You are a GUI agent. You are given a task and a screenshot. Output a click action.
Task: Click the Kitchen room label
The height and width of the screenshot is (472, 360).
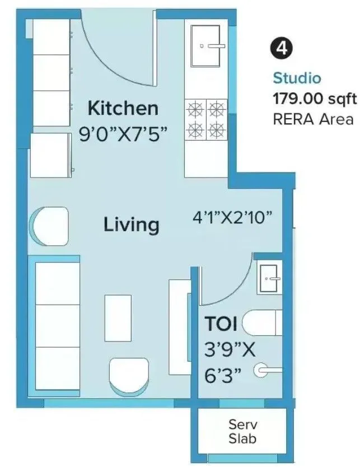tap(123, 108)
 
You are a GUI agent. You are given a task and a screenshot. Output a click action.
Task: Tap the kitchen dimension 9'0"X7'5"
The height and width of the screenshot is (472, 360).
tap(123, 134)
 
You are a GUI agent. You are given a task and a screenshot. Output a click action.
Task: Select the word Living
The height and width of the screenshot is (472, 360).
tap(132, 225)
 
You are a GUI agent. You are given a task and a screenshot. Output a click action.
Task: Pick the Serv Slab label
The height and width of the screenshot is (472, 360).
tap(242, 431)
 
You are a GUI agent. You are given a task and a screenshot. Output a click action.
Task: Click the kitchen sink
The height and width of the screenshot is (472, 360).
tap(206, 45)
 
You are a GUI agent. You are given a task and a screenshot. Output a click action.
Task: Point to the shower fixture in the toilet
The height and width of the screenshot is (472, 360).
tap(265, 370)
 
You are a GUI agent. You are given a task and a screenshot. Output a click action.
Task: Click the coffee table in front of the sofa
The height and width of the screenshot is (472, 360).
tap(118, 317)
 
